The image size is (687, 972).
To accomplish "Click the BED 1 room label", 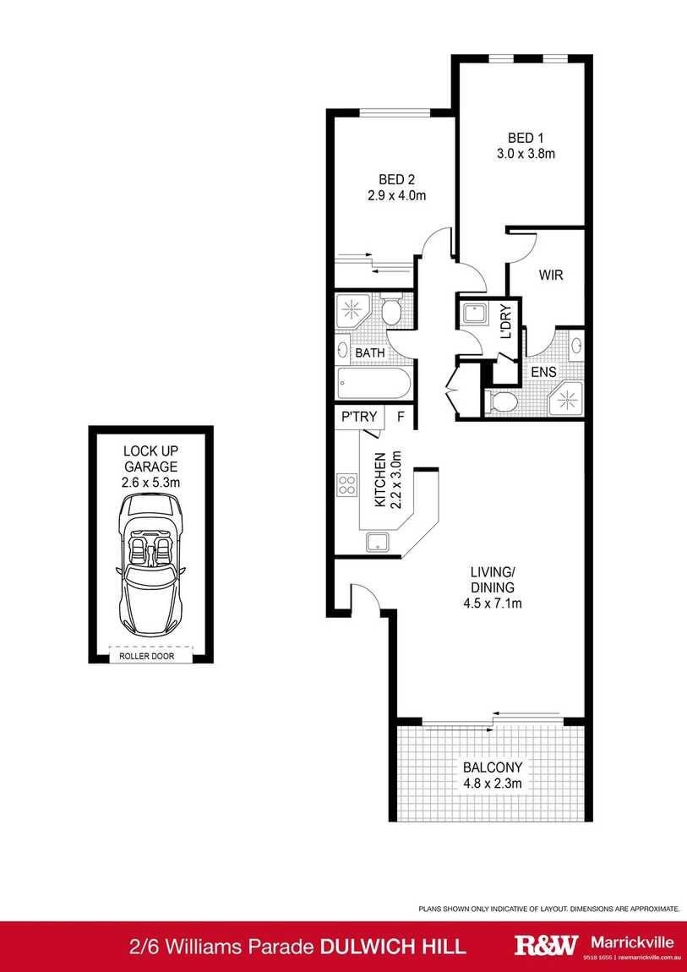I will (x=521, y=138).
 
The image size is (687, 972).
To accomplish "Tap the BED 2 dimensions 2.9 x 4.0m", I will (x=395, y=195).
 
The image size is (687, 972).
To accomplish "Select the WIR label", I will (x=550, y=276).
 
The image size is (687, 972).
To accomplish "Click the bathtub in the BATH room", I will (x=373, y=385).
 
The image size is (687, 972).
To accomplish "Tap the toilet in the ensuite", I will (x=500, y=401).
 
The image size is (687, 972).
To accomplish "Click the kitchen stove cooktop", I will (x=346, y=484).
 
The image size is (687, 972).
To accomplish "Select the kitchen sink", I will (x=377, y=542).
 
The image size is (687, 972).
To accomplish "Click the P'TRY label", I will (x=357, y=417).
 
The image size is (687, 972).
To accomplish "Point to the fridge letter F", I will (x=401, y=417).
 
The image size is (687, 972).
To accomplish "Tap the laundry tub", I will (x=472, y=314).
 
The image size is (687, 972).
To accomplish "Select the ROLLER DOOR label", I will (x=151, y=656).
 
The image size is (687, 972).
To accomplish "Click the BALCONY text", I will (x=493, y=767).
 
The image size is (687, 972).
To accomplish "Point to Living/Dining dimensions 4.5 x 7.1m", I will (x=493, y=603).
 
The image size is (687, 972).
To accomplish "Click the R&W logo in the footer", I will (x=546, y=945).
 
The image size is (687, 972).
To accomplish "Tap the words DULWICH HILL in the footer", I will (x=393, y=946).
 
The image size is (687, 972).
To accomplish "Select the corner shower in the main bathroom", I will (x=351, y=311).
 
